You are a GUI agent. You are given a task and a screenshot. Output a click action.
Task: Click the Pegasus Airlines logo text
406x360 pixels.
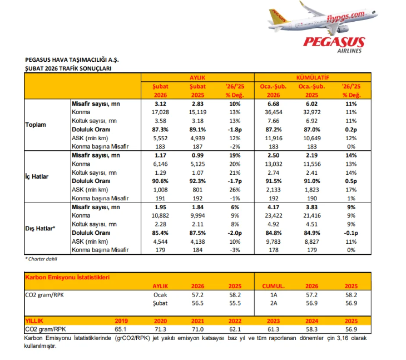tap(334, 43)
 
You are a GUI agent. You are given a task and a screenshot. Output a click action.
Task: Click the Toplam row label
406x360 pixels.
tap(36, 124)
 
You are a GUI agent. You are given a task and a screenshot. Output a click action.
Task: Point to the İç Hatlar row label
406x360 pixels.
tap(38, 176)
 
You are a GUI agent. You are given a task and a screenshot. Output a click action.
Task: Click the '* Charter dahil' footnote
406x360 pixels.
tap(41, 259)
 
